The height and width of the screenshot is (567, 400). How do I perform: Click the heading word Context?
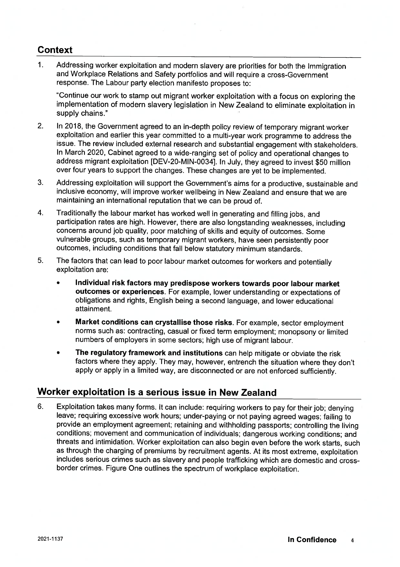click(55, 50)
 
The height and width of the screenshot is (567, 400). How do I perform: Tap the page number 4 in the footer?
click(352, 541)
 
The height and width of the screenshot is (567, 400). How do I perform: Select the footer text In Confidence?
click(312, 540)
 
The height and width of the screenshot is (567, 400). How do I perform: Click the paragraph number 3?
click(40, 183)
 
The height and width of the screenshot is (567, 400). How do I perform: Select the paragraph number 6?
click(40, 407)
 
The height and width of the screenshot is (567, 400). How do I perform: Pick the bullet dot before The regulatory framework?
click(58, 353)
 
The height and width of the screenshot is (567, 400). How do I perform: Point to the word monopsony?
click(298, 332)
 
